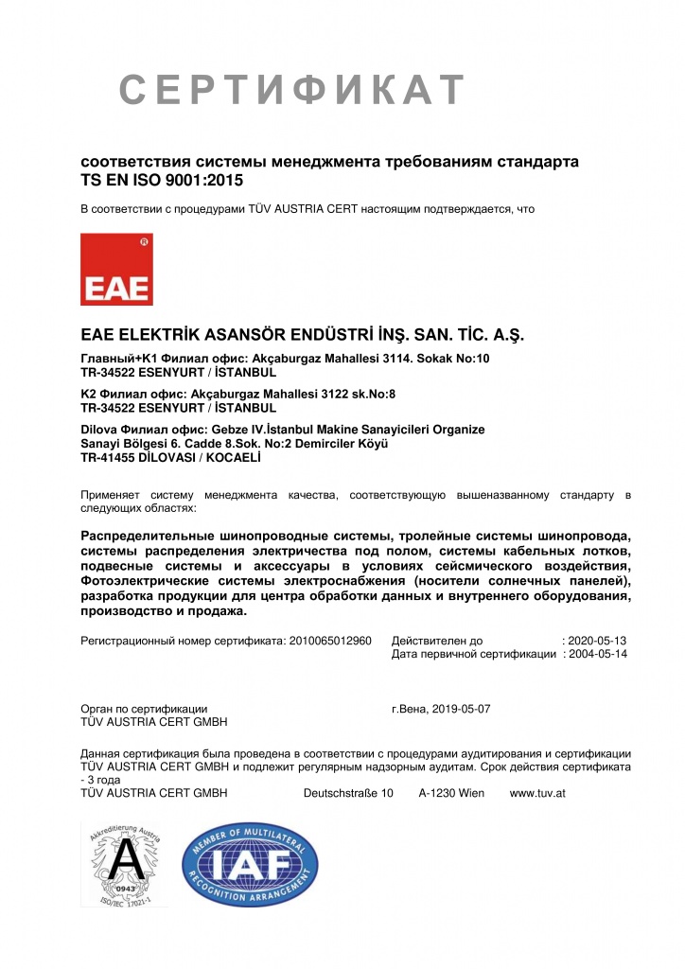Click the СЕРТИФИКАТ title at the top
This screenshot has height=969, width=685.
pyautogui.click(x=292, y=90)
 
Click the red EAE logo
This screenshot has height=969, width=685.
pyautogui.click(x=117, y=270)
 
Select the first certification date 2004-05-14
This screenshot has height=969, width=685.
pyautogui.click(x=598, y=654)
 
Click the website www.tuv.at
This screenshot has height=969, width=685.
pyautogui.click(x=537, y=793)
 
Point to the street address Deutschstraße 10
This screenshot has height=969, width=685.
pyautogui.click(x=348, y=793)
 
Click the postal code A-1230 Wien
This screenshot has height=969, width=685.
pyautogui.click(x=451, y=793)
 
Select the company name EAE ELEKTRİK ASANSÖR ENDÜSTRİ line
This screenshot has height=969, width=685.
pyautogui.click(x=302, y=335)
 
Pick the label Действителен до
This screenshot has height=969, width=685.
pyautogui.click(x=436, y=641)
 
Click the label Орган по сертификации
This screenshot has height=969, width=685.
pyautogui.click(x=145, y=708)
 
